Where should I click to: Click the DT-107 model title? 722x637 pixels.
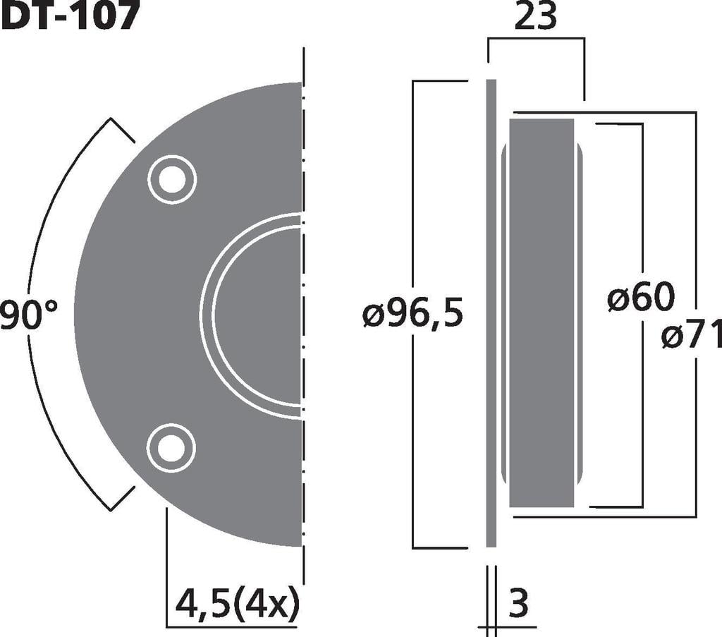pos(68,16)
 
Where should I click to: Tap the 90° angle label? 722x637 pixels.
pos(28,315)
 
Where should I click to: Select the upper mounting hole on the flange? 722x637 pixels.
pos(171,179)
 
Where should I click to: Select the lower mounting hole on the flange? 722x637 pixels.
pos(171,448)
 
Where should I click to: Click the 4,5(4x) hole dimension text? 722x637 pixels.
pos(236,604)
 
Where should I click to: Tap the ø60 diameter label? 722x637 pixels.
pos(640,299)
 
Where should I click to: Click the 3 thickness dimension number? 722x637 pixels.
pos(518,604)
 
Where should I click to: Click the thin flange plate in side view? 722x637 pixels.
pos(491,314)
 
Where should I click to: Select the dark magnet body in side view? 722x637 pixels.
pos(541,314)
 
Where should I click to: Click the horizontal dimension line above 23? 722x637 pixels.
pos(536,38)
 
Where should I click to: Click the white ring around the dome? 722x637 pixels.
pos(207,315)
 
